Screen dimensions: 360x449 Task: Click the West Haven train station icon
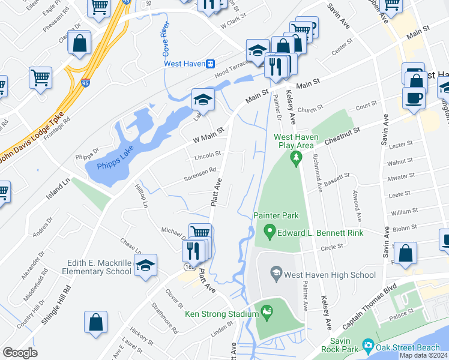[x=210, y=64]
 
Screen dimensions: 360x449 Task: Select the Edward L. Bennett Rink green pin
[x=270, y=231]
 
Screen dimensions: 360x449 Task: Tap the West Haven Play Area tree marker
[x=295, y=158]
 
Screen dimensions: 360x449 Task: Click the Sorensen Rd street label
[x=200, y=173]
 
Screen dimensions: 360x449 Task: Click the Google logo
[x=20, y=353]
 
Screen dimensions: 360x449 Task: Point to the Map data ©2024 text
[x=423, y=355]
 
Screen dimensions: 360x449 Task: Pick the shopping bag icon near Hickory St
[x=96, y=323]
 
